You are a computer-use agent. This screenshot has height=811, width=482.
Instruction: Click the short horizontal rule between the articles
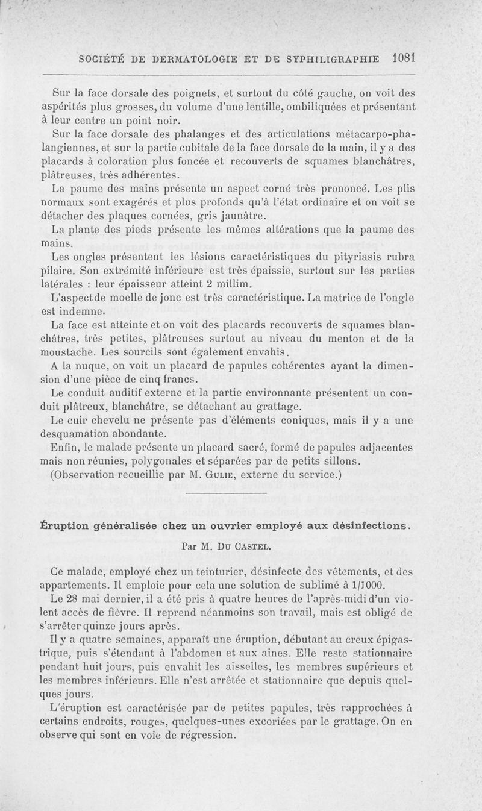tap(241, 494)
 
